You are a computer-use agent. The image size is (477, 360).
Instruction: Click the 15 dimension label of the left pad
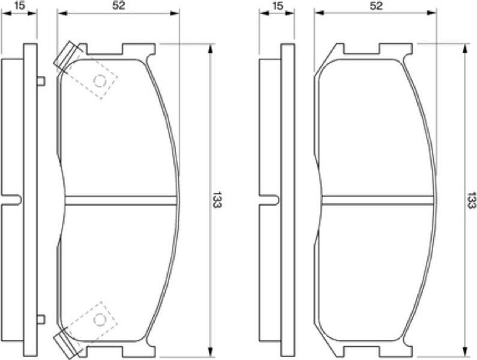19,5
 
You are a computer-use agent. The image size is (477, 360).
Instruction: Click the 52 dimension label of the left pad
119,5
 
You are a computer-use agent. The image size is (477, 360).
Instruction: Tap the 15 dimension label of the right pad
277,5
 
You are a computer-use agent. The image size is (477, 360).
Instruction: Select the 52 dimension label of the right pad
376,5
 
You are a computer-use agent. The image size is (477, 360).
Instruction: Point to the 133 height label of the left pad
217,200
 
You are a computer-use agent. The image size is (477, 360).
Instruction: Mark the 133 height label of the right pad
471,200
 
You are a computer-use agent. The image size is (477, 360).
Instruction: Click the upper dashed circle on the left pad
100,81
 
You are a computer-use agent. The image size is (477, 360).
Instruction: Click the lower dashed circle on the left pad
100,320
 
